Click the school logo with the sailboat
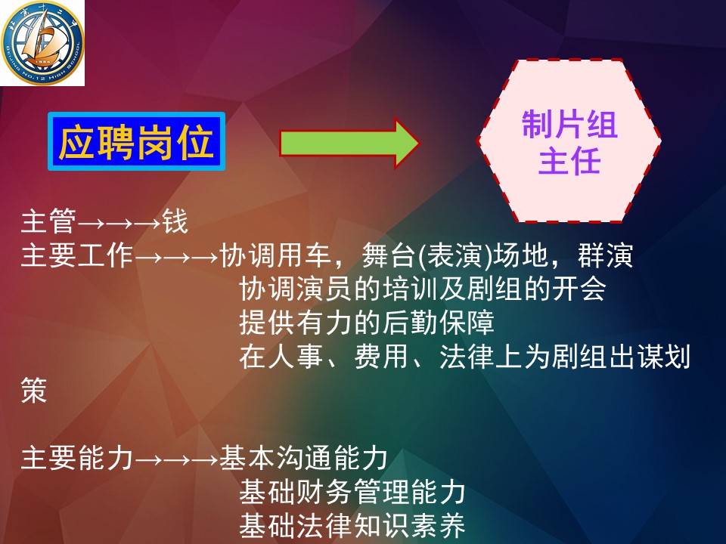tap(42, 42)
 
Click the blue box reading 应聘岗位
tap(137, 141)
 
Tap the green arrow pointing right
tap(349, 143)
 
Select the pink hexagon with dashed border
tap(569, 141)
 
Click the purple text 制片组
tap(569, 124)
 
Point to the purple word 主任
tap(569, 160)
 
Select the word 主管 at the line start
tap(48, 221)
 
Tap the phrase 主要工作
tap(77, 255)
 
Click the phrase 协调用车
tap(275, 255)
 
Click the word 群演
tap(605, 255)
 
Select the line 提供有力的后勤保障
tap(367, 323)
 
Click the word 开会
tap(578, 289)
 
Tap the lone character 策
tap(34, 390)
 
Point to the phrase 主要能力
tap(77, 458)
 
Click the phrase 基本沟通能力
tap(303, 458)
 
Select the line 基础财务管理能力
tap(352, 492)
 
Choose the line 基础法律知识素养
tap(352, 526)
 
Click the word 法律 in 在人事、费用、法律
tap(467, 356)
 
